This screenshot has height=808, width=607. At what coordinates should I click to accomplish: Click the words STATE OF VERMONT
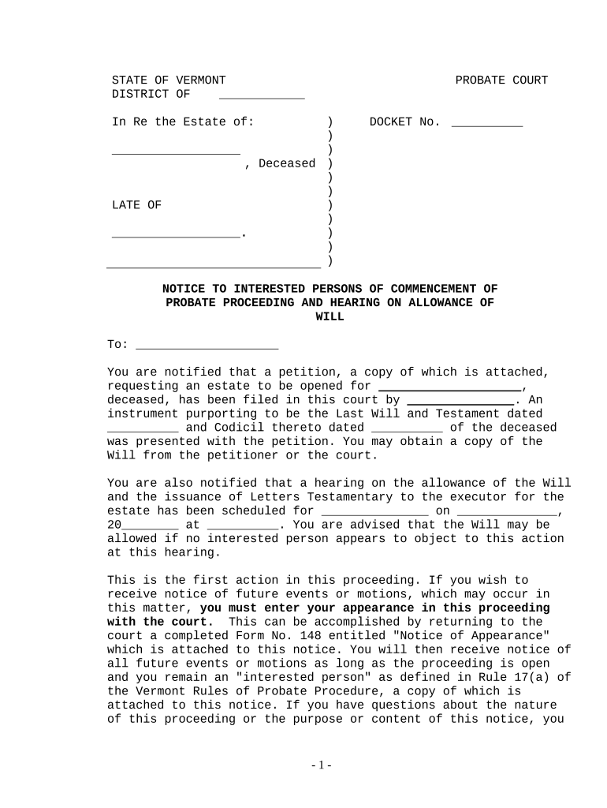pos(169,80)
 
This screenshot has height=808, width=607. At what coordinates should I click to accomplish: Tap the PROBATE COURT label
pos(501,80)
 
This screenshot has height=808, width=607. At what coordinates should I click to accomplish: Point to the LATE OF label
pos(136,205)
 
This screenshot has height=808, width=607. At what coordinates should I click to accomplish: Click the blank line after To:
pos(207,346)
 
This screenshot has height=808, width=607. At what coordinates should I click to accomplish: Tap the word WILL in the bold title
pos(330,316)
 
